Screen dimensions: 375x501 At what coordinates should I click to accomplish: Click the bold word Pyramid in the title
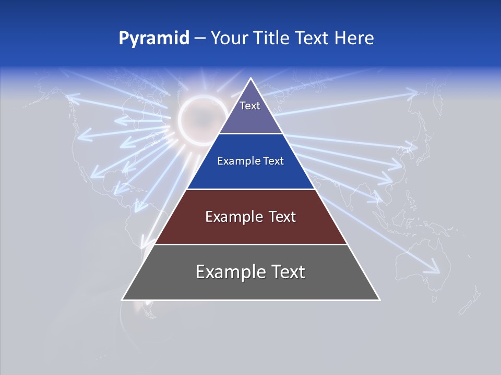[154, 39]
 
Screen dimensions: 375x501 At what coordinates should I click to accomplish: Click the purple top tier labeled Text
[250, 112]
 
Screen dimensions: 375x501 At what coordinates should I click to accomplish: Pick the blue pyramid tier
[250, 172]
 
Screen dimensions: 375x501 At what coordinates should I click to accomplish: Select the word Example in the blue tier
[234, 161]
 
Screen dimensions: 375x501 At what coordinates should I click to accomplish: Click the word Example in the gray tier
[225, 272]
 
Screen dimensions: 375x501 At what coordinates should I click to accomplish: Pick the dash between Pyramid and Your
[200, 39]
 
